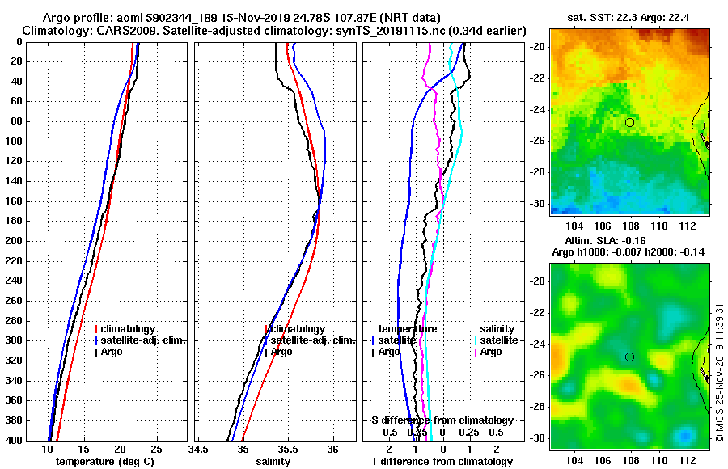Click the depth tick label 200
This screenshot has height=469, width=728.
(x=13, y=241)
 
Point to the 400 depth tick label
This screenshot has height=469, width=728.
(x=13, y=440)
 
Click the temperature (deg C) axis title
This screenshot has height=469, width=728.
(x=104, y=462)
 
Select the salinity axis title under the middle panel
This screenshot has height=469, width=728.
(x=273, y=462)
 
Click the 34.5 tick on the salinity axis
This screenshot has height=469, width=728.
(x=199, y=450)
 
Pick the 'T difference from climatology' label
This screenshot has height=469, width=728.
(x=442, y=462)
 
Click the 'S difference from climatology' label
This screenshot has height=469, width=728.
(x=442, y=420)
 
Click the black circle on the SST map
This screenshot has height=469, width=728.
(x=630, y=122)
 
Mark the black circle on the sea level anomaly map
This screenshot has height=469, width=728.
(x=630, y=357)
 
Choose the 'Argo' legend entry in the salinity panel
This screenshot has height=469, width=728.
(x=281, y=352)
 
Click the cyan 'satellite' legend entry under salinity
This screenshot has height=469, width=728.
(x=497, y=340)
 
